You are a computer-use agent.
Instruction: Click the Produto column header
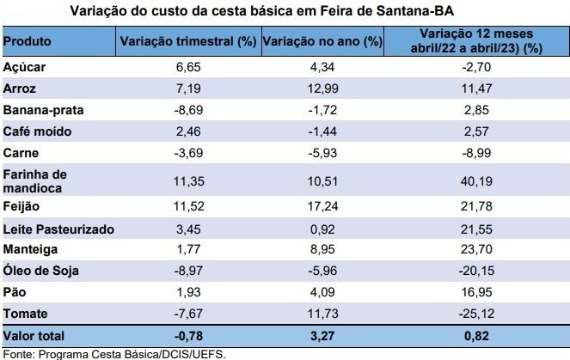click(x=27, y=41)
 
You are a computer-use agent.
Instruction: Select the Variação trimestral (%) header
click(x=188, y=41)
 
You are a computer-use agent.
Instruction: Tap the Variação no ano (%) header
click(x=322, y=41)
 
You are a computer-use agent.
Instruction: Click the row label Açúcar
click(x=24, y=67)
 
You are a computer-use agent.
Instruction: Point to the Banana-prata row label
click(x=43, y=110)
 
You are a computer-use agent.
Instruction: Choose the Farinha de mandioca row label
click(x=35, y=181)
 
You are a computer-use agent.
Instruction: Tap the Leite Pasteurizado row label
click(x=58, y=229)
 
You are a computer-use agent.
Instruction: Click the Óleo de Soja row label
click(x=40, y=271)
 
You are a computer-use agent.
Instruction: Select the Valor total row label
click(x=34, y=336)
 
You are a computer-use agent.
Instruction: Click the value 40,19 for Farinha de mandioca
click(x=476, y=181)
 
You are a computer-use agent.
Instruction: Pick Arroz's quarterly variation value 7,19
click(x=188, y=88)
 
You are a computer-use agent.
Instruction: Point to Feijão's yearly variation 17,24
click(x=322, y=206)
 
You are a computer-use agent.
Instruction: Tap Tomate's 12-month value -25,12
click(x=476, y=314)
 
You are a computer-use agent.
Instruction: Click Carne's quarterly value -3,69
click(x=188, y=153)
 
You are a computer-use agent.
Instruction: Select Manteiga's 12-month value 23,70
click(x=476, y=249)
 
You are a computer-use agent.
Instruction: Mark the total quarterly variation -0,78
click(x=188, y=336)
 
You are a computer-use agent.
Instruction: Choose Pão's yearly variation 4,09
click(x=322, y=292)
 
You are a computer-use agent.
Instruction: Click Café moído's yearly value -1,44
click(x=322, y=131)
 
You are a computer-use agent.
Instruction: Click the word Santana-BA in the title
click(x=415, y=11)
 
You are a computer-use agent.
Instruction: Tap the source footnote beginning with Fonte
click(x=114, y=354)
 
